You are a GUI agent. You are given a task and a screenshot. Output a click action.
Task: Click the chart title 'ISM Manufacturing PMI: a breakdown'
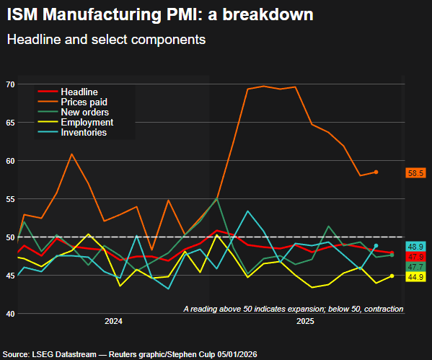coord(160,14)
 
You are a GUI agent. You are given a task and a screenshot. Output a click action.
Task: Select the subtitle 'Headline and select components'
coord(106,40)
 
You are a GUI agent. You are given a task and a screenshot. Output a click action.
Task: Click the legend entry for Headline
coord(79,92)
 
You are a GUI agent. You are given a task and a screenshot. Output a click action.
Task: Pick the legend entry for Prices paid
coord(84,102)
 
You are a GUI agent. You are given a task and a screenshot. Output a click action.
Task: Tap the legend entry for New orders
coord(84,113)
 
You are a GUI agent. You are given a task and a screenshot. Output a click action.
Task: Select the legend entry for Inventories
coord(84,133)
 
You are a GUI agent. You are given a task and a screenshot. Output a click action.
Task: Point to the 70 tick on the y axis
coord(10,84)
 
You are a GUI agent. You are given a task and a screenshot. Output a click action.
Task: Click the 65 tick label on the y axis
coord(10,123)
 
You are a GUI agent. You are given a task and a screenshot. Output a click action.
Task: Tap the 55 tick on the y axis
coord(10,199)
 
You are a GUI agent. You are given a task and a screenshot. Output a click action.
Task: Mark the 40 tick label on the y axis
coord(10,314)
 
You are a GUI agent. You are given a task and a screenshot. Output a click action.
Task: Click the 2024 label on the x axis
coord(113,320)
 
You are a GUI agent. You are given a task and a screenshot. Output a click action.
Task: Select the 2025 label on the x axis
coord(306,320)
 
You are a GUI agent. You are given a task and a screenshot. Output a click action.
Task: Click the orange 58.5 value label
coord(415,173)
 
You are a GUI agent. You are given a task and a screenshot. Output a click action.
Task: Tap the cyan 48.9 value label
coord(415,247)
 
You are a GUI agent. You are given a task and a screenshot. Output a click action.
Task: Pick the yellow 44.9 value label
coord(415,277)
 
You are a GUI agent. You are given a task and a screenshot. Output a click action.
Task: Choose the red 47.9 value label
coord(415,257)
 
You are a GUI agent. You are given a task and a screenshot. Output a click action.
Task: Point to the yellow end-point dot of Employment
coord(392,276)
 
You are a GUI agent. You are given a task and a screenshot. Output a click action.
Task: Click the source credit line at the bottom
coord(130,354)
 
